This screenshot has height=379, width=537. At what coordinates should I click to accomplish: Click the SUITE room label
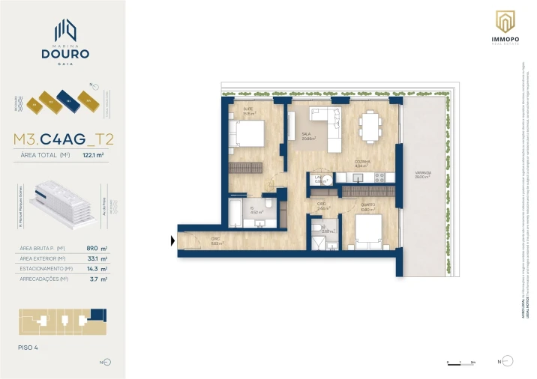247,109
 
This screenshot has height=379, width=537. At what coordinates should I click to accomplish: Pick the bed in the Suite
248,133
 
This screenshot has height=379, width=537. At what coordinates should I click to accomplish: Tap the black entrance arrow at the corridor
173,240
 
